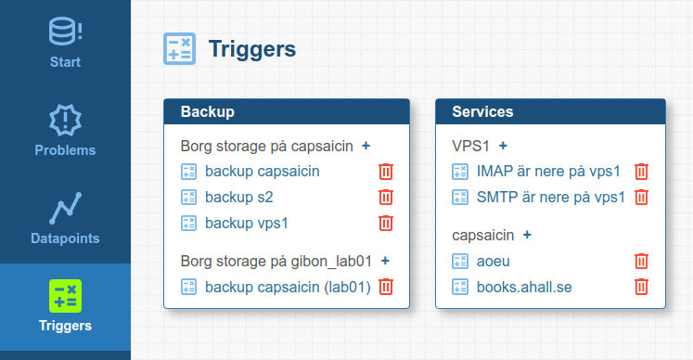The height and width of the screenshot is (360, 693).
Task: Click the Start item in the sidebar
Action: (65, 43)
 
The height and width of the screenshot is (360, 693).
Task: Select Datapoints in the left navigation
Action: (65, 219)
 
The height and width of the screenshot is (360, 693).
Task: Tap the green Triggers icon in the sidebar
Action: (66, 296)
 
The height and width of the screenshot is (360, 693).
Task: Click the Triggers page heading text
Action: (252, 48)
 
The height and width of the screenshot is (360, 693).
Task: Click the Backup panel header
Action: (287, 111)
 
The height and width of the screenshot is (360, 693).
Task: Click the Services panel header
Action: (550, 111)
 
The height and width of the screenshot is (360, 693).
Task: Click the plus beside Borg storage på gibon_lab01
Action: (385, 261)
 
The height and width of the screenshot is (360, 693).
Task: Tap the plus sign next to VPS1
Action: (503, 146)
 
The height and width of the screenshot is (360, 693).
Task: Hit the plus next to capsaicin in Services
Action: (527, 235)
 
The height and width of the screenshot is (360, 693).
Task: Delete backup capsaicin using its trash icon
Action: (386, 172)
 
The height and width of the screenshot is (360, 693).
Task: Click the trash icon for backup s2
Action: (386, 198)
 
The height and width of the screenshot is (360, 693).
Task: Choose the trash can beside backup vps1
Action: (386, 224)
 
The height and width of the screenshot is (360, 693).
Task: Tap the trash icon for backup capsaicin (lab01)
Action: (386, 287)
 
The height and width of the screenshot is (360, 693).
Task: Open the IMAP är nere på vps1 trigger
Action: (548, 172)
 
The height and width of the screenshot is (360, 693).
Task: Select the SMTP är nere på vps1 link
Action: (550, 198)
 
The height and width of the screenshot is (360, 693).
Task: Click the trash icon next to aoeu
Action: (641, 262)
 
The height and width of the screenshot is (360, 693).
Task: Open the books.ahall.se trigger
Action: (524, 288)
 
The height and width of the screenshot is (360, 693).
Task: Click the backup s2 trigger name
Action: (238, 198)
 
